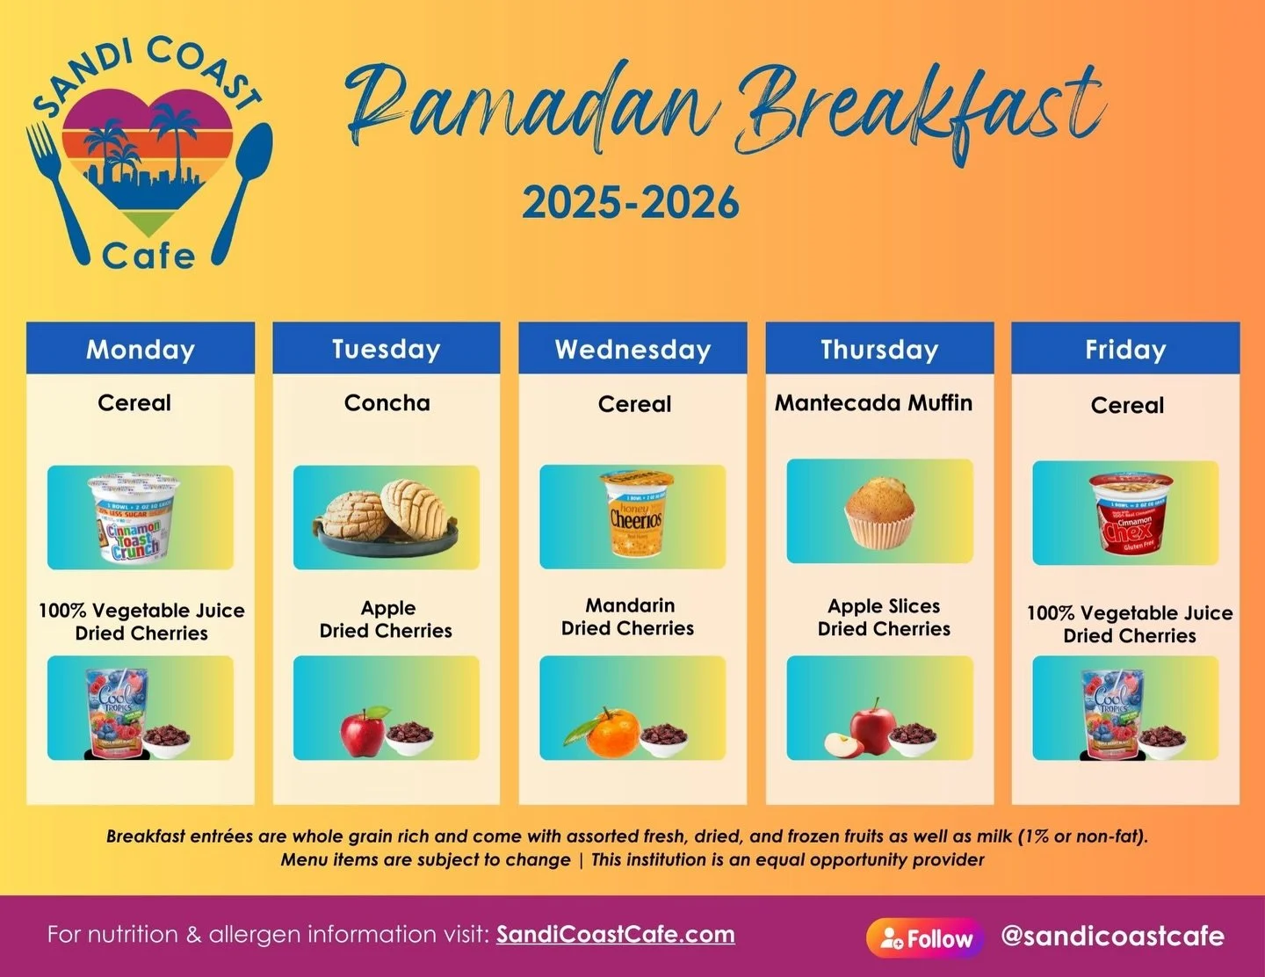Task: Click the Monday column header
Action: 141,349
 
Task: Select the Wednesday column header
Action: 632,349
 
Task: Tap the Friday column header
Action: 1125,349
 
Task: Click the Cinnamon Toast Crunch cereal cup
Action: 134,518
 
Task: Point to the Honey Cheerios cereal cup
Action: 636,514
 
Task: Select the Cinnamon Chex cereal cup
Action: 1131,515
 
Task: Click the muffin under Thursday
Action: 879,513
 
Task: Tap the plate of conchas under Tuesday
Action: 387,520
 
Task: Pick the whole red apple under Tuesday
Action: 363,731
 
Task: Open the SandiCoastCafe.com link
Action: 615,934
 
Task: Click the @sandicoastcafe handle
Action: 1112,936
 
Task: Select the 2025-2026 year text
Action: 631,203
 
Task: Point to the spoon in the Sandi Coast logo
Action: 243,185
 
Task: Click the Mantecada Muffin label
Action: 873,402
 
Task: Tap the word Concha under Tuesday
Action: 387,402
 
